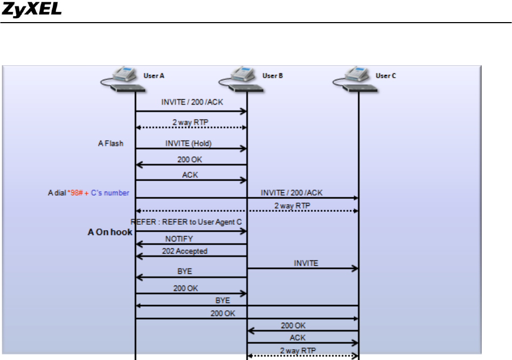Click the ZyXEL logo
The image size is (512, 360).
point(31,9)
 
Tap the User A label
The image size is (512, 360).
point(154,76)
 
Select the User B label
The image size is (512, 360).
point(272,76)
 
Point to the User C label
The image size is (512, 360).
point(386,76)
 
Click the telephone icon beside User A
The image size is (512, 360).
point(123,79)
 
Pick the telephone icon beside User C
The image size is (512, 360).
point(355,79)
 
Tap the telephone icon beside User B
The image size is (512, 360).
point(241,79)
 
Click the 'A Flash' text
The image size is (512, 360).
point(110,143)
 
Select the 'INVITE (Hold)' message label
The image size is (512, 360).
point(189,143)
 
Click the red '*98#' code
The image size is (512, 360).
point(75,193)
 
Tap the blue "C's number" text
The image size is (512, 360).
point(110,193)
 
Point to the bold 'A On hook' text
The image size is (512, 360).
point(110,232)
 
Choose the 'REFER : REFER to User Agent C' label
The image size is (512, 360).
point(186,222)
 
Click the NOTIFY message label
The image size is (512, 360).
point(179,239)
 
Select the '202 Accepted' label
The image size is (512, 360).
point(184,251)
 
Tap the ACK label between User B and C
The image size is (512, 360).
point(297,338)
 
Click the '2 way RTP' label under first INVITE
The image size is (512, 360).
point(190,122)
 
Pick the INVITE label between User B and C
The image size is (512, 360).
point(306,264)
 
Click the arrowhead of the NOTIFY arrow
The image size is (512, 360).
point(139,244)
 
